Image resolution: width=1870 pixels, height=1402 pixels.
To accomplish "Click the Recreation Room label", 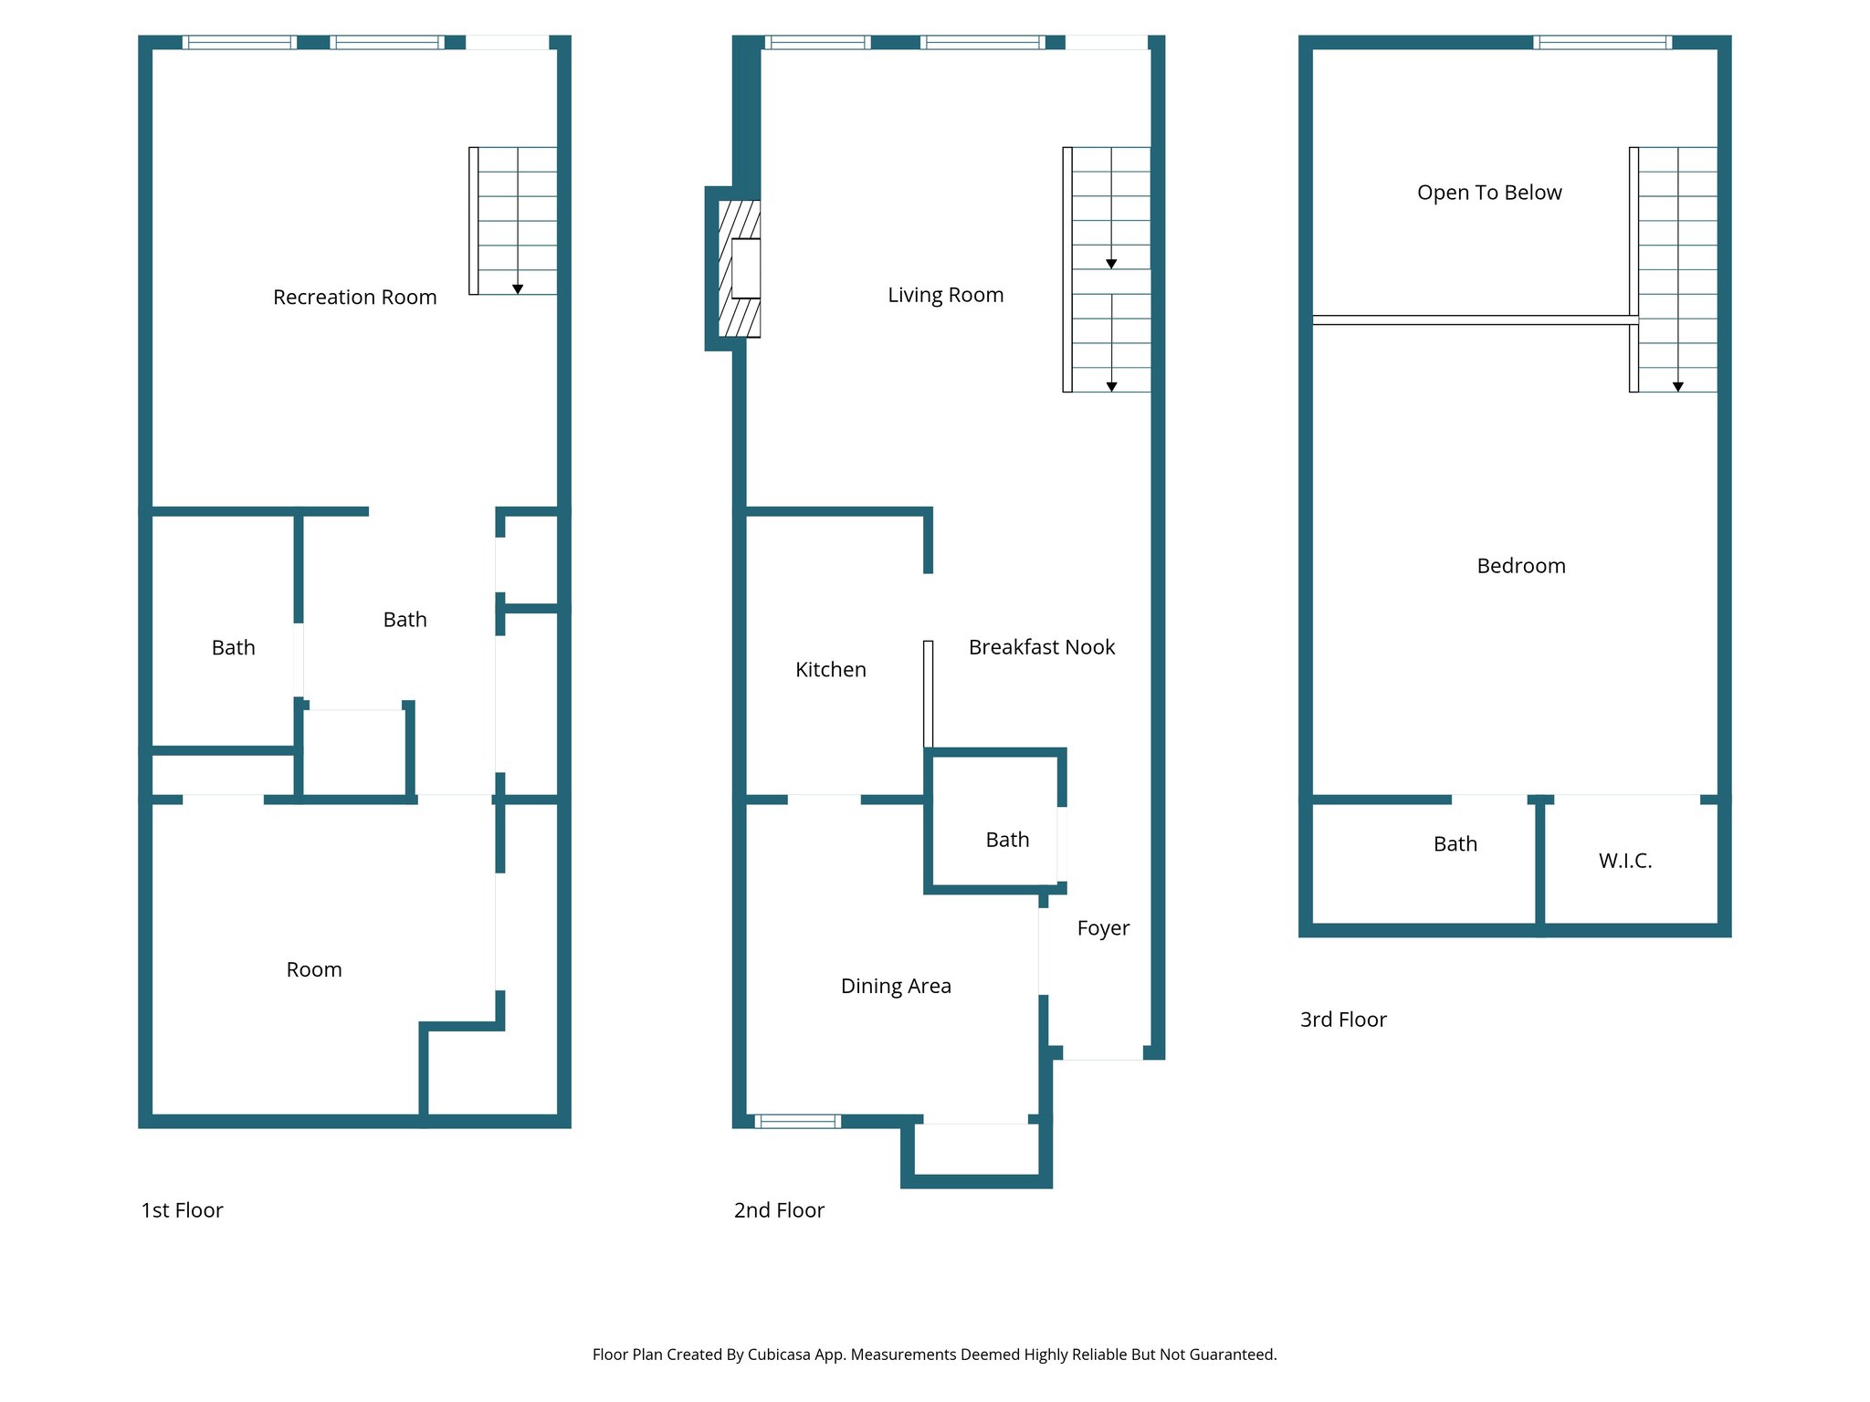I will pyautogui.click(x=354, y=298).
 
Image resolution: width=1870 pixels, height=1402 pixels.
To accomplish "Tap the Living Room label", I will pyautogui.click(x=945, y=295).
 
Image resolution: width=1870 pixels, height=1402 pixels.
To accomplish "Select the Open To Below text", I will pyautogui.click(x=1488, y=193).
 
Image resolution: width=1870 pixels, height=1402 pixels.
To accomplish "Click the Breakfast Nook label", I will pyautogui.click(x=1041, y=647).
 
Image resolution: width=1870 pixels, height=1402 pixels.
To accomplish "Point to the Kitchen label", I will pyautogui.click(x=830, y=670).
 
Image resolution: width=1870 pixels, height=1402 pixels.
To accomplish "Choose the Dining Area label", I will pyautogui.click(x=895, y=986).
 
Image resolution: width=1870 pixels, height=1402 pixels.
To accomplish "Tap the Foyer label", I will pyautogui.click(x=1102, y=928).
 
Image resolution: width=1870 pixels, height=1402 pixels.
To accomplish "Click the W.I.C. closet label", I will pyautogui.click(x=1624, y=861).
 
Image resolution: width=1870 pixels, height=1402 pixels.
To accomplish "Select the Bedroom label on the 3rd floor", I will pyautogui.click(x=1520, y=566).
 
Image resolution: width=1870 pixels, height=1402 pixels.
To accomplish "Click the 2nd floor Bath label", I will pyautogui.click(x=1006, y=840).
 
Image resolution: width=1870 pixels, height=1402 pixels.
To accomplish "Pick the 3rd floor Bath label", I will pyautogui.click(x=1455, y=844).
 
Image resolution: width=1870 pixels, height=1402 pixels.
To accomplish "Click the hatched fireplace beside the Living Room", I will pyautogui.click(x=738, y=268).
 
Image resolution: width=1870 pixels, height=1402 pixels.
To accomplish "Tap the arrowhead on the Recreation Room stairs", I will pyautogui.click(x=518, y=289).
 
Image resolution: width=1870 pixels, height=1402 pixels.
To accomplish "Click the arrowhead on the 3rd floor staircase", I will pyautogui.click(x=1677, y=387).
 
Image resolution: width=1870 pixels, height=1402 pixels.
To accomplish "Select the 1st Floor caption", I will pyautogui.click(x=182, y=1210).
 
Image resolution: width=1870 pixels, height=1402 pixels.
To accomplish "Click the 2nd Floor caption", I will pyautogui.click(x=778, y=1210).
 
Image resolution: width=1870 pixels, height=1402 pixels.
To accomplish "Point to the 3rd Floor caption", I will pyautogui.click(x=1342, y=1020).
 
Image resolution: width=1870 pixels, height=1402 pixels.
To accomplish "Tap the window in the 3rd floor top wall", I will pyautogui.click(x=1602, y=42).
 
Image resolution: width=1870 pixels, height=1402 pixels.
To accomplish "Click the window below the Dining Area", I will pyautogui.click(x=797, y=1121).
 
